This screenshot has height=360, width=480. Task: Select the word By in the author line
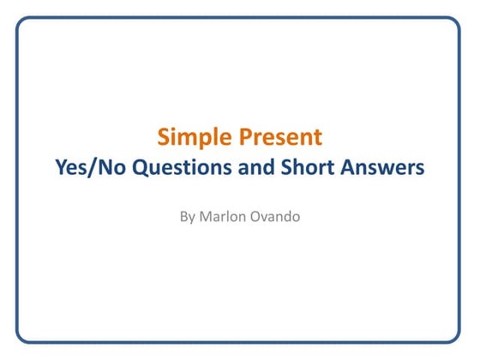pos(188,217)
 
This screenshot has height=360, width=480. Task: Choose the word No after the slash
pos(110,169)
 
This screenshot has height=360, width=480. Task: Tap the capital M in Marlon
pos(207,217)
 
